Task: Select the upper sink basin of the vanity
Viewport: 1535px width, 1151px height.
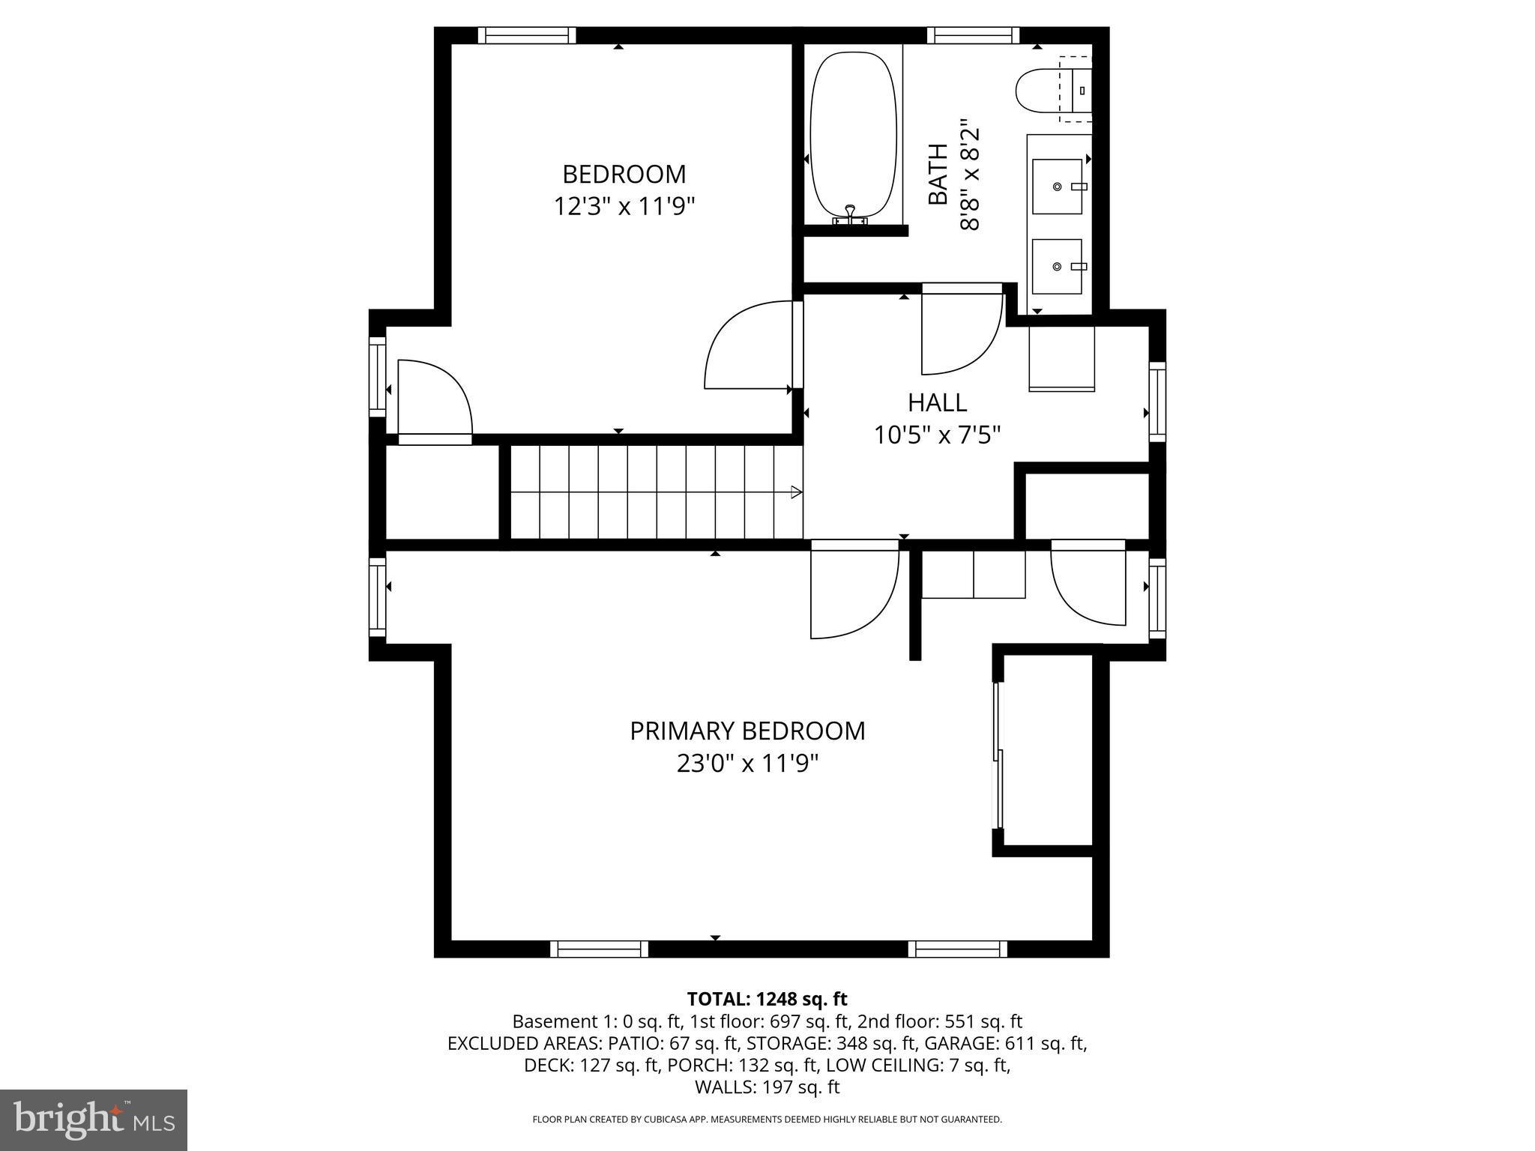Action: pos(1058,186)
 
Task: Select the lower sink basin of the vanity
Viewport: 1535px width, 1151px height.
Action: pos(1057,266)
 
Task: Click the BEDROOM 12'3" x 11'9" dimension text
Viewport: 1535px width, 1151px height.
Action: pos(624,205)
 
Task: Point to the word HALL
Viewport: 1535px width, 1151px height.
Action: pos(937,402)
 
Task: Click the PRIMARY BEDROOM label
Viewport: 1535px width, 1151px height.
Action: pos(747,731)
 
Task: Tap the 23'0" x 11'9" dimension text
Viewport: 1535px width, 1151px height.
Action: pos(747,764)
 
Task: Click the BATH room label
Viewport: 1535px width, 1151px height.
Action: pos(938,174)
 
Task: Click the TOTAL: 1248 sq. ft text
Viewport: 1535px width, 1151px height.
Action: pos(767,999)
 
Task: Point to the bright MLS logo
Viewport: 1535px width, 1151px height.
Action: pos(94,1120)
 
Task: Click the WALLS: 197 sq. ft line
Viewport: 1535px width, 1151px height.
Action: pos(767,1087)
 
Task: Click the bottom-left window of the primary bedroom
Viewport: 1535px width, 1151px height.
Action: pos(599,949)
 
